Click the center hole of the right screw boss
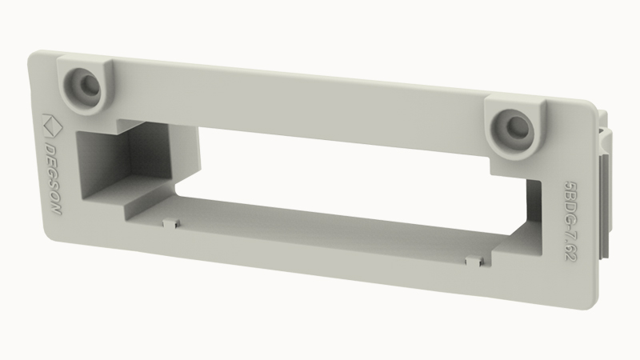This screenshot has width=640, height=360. pyautogui.click(x=516, y=127)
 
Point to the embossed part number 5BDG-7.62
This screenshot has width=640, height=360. pyautogui.click(x=570, y=221)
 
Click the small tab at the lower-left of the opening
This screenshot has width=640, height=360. pyautogui.click(x=171, y=223)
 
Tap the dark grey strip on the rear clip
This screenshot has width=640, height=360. pyautogui.click(x=603, y=208)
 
